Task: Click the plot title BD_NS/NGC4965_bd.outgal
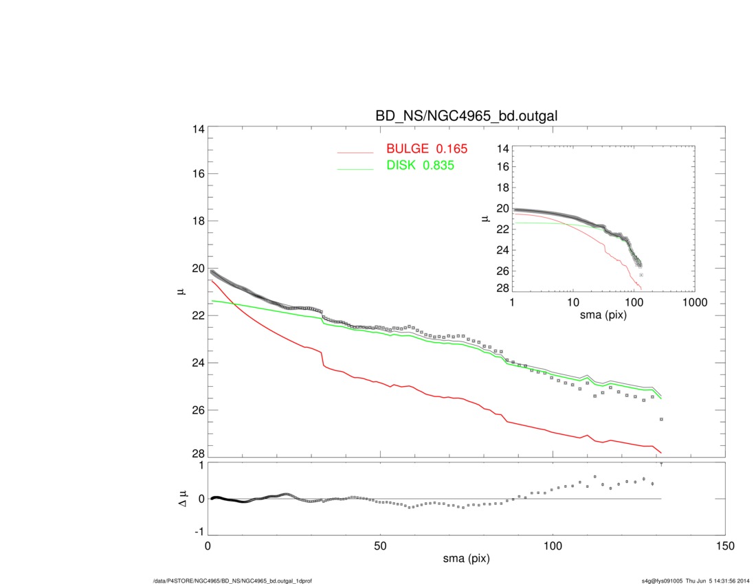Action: coord(466,117)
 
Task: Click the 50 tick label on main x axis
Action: coord(381,546)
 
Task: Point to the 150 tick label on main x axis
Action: coord(725,546)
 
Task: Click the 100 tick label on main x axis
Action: coord(553,546)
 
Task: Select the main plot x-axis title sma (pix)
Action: coord(466,560)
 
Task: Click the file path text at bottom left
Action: coord(232,581)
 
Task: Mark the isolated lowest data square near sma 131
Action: coord(661,419)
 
